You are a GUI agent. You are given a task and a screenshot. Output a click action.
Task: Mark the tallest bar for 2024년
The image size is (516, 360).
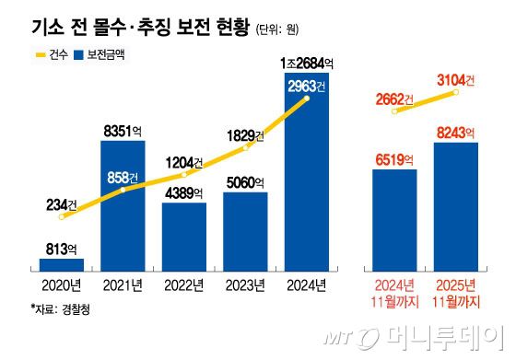[x=306, y=175]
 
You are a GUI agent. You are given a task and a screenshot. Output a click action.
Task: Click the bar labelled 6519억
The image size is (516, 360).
[x=394, y=221]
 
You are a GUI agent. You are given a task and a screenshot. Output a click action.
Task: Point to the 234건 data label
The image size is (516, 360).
[x=64, y=205]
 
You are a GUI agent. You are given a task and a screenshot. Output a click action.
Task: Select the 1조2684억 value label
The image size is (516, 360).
[x=307, y=64]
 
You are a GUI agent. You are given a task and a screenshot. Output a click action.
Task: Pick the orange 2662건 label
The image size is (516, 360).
[x=394, y=99]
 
